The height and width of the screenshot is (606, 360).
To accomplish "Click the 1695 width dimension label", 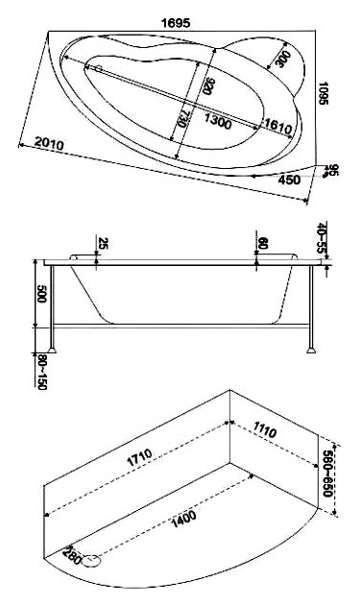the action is tap(176, 23).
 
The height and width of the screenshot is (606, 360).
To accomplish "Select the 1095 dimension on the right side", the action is tap(323, 93).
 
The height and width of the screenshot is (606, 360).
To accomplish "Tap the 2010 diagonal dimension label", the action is tap(49, 143).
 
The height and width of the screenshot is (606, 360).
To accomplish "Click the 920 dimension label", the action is tap(207, 85).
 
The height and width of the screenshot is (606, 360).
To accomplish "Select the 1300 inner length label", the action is tap(218, 121).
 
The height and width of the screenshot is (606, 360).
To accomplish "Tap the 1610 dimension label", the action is tap(277, 128).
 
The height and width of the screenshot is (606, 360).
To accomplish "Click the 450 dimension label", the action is tap(289, 180).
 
